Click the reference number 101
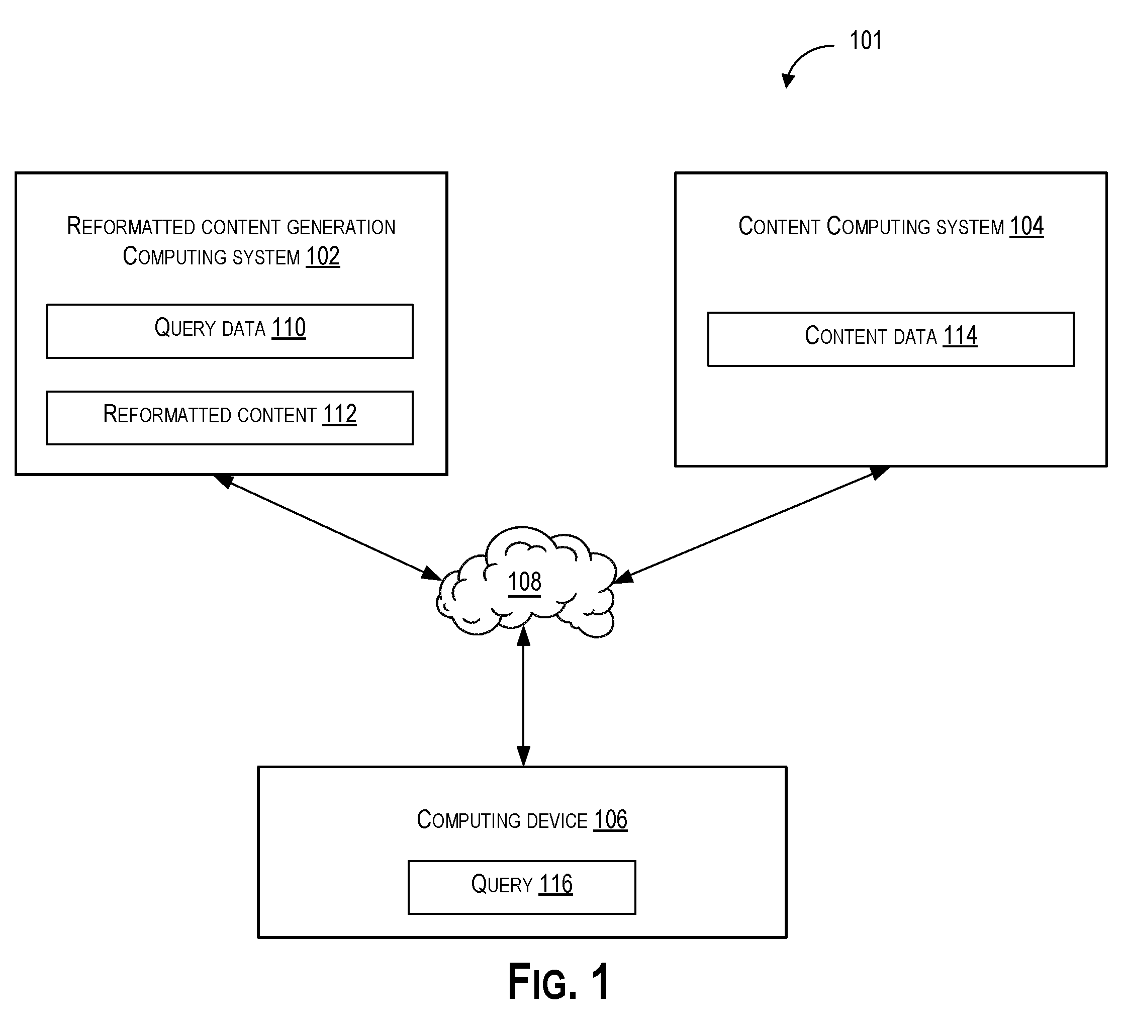pyautogui.click(x=865, y=41)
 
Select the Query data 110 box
pyautogui.click(x=230, y=331)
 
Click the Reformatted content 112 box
pyautogui.click(x=230, y=418)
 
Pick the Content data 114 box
pyautogui.click(x=891, y=339)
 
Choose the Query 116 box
pyautogui.click(x=522, y=887)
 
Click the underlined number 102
pyautogui.click(x=323, y=256)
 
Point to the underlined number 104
pyautogui.click(x=1026, y=226)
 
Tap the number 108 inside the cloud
pyautogui.click(x=524, y=582)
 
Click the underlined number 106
pyautogui.click(x=611, y=820)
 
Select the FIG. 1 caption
pyautogui.click(x=558, y=982)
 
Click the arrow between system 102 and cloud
pyautogui.click(x=328, y=527)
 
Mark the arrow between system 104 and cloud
pyautogui.click(x=751, y=524)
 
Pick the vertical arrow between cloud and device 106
pyautogui.click(x=523, y=696)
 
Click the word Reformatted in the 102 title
pyautogui.click(x=130, y=226)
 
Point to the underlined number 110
pyautogui.click(x=289, y=328)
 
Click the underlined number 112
pyautogui.click(x=339, y=415)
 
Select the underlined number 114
pyautogui.click(x=960, y=336)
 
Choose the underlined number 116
pyautogui.click(x=555, y=884)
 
